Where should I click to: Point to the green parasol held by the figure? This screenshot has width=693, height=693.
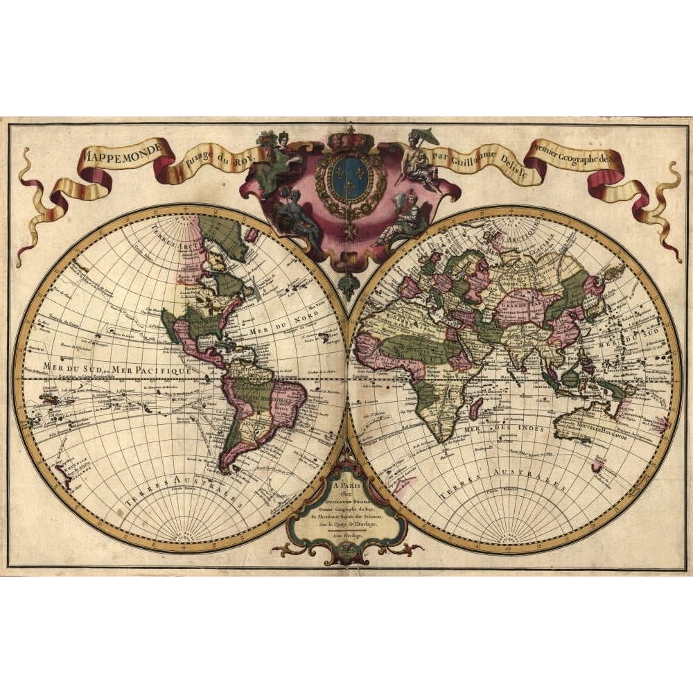pyautogui.click(x=425, y=134)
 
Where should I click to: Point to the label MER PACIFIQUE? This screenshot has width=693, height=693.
pyautogui.click(x=152, y=372)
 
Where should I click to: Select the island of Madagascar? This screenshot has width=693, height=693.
pyautogui.click(x=476, y=408)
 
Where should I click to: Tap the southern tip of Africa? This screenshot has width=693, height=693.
pyautogui.click(x=436, y=439)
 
